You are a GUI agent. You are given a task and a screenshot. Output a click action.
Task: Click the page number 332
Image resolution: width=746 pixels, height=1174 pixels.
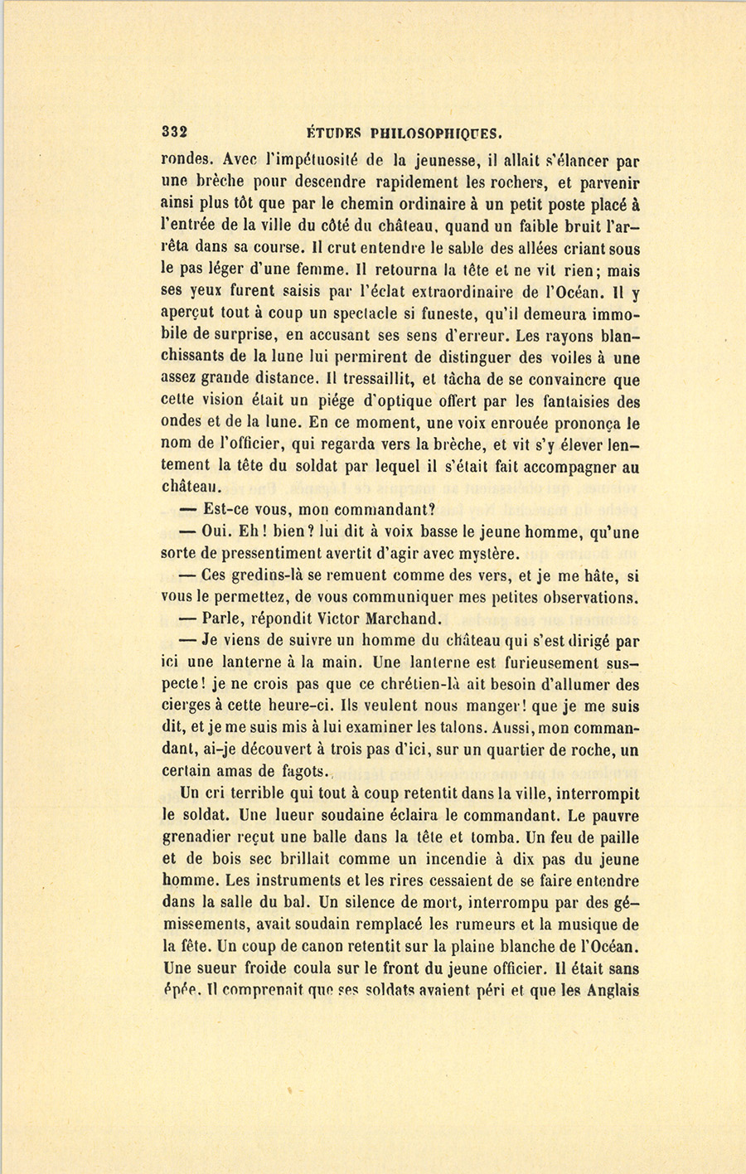tap(176, 131)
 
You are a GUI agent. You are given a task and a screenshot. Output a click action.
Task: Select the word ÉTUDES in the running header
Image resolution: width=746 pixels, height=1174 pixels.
tap(332, 132)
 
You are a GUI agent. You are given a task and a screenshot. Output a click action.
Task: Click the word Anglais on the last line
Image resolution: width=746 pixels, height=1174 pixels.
tap(609, 990)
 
